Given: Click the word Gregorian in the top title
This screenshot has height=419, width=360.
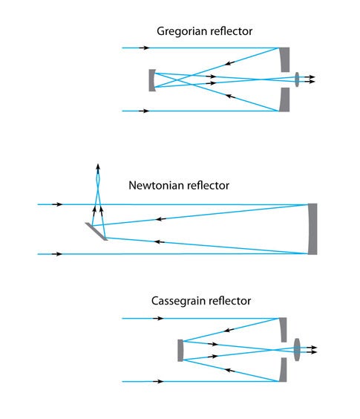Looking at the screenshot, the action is coord(182,31).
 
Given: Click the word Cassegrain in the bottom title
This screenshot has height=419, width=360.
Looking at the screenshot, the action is coord(178,301).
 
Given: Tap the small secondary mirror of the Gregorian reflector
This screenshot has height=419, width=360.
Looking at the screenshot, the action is coord(151,80).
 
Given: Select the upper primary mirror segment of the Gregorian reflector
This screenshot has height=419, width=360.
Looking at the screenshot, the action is coord(285,59).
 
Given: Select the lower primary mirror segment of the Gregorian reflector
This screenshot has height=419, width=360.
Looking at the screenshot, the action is coord(285,100).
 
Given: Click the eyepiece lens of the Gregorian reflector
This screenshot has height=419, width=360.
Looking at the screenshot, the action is coord(297,79).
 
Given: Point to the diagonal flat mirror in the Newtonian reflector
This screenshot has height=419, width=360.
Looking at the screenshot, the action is coord(96,231).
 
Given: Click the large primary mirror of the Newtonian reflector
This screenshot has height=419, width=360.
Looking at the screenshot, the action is coord(312,229).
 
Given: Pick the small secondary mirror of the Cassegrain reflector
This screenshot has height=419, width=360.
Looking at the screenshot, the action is coord(180,351).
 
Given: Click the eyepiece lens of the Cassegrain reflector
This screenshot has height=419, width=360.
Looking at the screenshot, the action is coord(297,349).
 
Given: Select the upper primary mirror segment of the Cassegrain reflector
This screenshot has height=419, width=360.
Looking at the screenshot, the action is coord(284,330).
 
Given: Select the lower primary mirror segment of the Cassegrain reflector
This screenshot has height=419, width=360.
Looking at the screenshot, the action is coord(284,370).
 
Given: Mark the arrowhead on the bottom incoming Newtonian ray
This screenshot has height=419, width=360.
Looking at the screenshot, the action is coord(58,254).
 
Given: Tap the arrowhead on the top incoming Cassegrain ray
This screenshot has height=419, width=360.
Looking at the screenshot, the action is coord(160,318).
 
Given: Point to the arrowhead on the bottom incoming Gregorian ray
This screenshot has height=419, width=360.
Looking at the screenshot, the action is coord(145,111).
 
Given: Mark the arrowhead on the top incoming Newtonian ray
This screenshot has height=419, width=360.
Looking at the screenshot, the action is coord(58,204).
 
